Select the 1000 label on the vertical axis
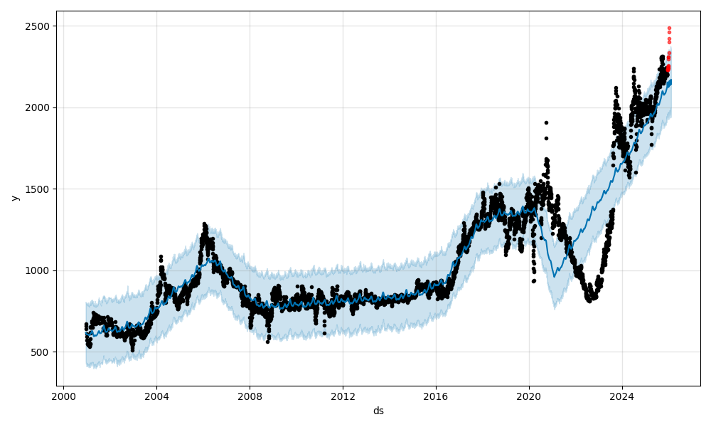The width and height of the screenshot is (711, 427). point(38,270)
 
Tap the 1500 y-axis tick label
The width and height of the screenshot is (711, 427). point(38,189)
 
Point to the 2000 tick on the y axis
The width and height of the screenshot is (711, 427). point(38,107)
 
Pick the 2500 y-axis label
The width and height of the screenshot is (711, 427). point(38,26)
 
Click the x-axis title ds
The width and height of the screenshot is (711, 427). point(378,411)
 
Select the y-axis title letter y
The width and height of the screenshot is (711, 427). point(14,197)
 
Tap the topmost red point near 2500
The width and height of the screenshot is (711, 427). point(669,28)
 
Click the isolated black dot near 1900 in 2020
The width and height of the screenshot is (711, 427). point(546,122)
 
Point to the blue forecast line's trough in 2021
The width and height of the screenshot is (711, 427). point(555,277)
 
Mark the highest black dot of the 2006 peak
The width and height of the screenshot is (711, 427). point(204,223)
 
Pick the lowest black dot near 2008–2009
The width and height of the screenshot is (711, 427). point(267,342)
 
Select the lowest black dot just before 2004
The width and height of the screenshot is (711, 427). point(132,350)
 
